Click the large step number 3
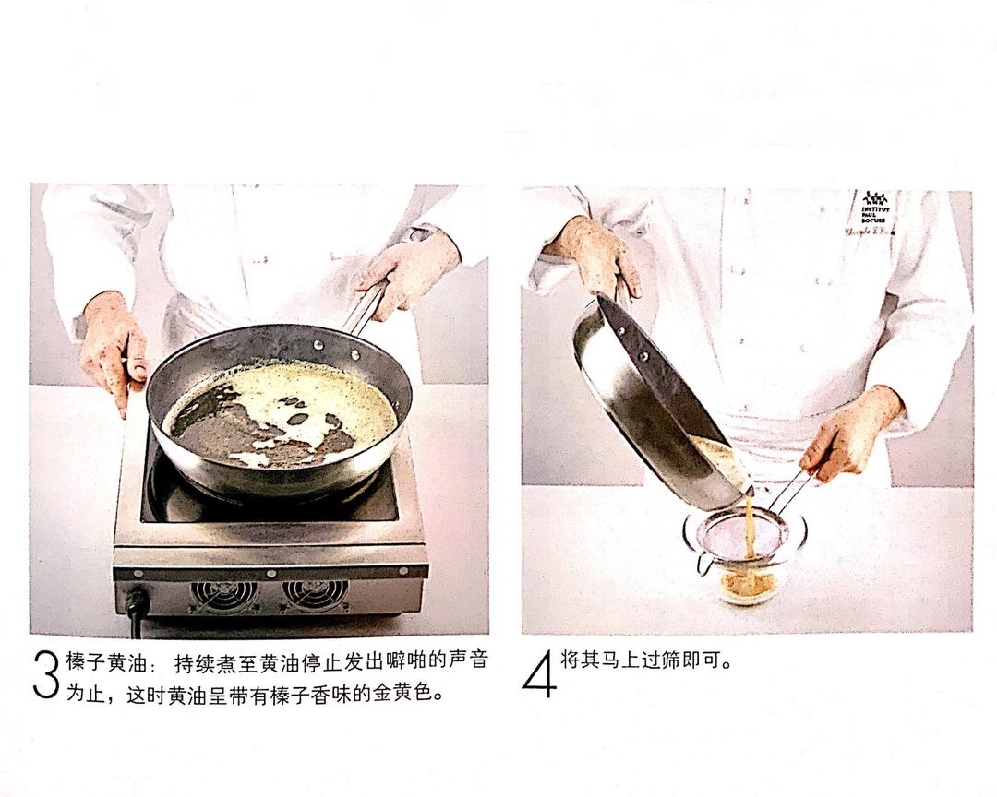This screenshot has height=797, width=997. tap(45, 676)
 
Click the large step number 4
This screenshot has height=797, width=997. tap(539, 675)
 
